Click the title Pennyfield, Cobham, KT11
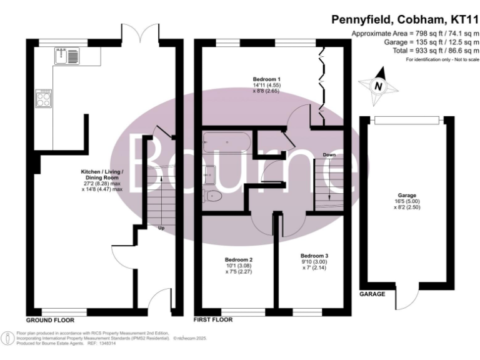404,21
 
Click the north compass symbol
377,86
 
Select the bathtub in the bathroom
227,143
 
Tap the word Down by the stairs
330,154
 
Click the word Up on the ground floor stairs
161,228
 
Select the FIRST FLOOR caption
214,319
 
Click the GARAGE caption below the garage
372,293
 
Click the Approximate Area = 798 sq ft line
416,32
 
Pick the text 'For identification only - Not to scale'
441,59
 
